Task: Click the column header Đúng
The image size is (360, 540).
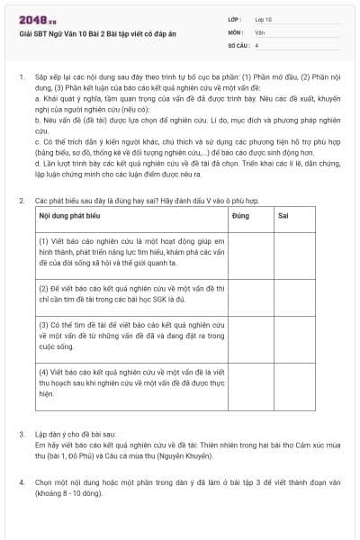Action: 240,218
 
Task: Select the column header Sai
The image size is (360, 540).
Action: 283,218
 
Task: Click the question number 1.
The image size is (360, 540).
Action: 20,77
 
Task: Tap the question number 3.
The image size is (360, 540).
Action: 20,434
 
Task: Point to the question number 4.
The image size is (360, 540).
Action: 20,482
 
